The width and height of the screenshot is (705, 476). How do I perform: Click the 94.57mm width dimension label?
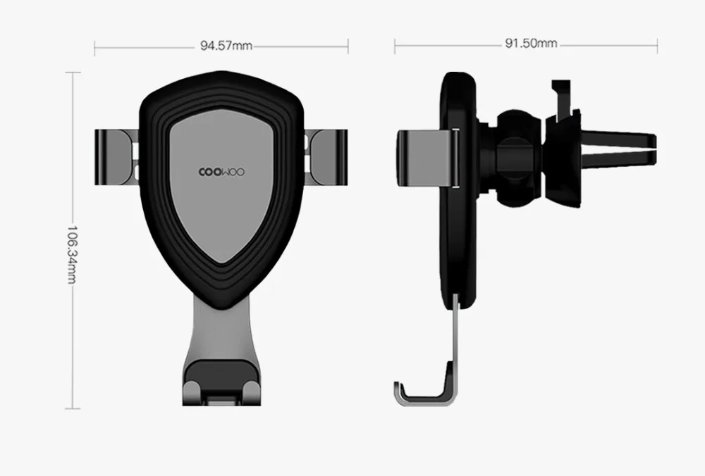pyautogui.click(x=226, y=46)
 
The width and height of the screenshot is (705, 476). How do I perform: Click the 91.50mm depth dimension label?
pyautogui.click(x=531, y=43)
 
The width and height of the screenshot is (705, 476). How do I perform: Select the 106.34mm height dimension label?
pyautogui.click(x=72, y=255)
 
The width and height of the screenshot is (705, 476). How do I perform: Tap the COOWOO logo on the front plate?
pyautogui.click(x=221, y=173)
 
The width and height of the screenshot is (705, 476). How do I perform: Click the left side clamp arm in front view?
pyautogui.click(x=117, y=157)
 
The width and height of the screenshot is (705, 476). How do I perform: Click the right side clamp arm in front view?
pyautogui.click(x=326, y=157)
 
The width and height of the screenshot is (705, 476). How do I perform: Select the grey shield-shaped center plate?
pyautogui.click(x=221, y=184)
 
